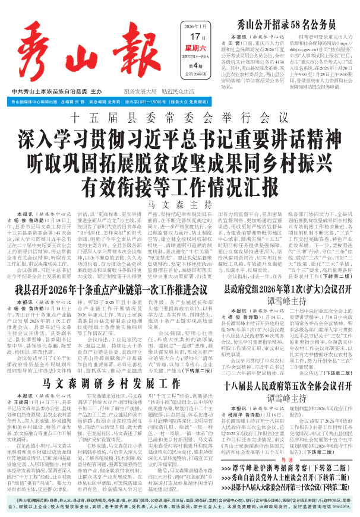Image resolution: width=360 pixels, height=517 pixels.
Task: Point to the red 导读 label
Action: tap(287, 459)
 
